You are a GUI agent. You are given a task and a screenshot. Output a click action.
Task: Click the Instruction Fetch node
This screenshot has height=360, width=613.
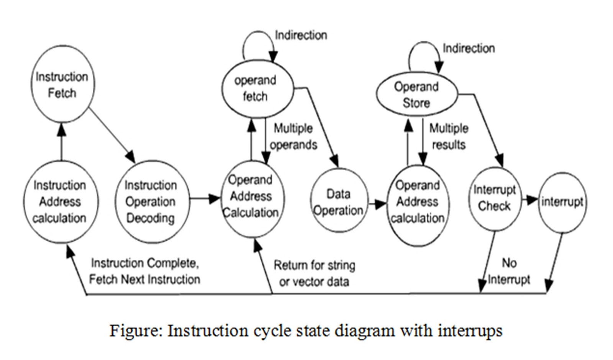(62, 85)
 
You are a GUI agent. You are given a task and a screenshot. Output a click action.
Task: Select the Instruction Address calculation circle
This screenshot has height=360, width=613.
(60, 202)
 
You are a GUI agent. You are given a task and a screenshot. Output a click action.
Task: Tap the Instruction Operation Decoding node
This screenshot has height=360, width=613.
(151, 202)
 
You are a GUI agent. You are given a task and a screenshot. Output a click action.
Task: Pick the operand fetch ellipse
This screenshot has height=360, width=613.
(256, 88)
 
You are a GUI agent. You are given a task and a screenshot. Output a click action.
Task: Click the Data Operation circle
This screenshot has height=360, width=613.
(339, 202)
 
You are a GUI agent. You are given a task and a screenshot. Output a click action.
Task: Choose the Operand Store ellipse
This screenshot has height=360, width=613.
(416, 95)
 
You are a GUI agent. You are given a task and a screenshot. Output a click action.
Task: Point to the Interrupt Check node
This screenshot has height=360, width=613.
(494, 198)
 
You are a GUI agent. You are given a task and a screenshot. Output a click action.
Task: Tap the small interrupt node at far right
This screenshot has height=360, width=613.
(562, 202)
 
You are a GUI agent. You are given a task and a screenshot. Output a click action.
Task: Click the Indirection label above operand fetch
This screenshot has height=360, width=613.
(301, 35)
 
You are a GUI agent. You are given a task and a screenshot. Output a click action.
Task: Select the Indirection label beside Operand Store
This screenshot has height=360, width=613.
(469, 48)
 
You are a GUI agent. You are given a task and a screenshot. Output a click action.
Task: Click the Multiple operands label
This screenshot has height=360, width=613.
(293, 137)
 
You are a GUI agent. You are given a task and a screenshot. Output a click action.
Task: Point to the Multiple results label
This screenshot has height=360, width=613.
(449, 136)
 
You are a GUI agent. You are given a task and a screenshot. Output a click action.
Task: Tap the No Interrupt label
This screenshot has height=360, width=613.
(509, 271)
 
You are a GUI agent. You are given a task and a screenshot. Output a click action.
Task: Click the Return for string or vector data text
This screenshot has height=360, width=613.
(314, 273)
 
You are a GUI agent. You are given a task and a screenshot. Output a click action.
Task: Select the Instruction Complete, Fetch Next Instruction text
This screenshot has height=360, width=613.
(145, 271)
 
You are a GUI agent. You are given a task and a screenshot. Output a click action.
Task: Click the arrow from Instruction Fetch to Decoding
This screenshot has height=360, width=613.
(111, 134)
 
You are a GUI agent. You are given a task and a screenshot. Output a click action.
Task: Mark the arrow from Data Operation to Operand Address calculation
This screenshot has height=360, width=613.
(377, 204)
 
